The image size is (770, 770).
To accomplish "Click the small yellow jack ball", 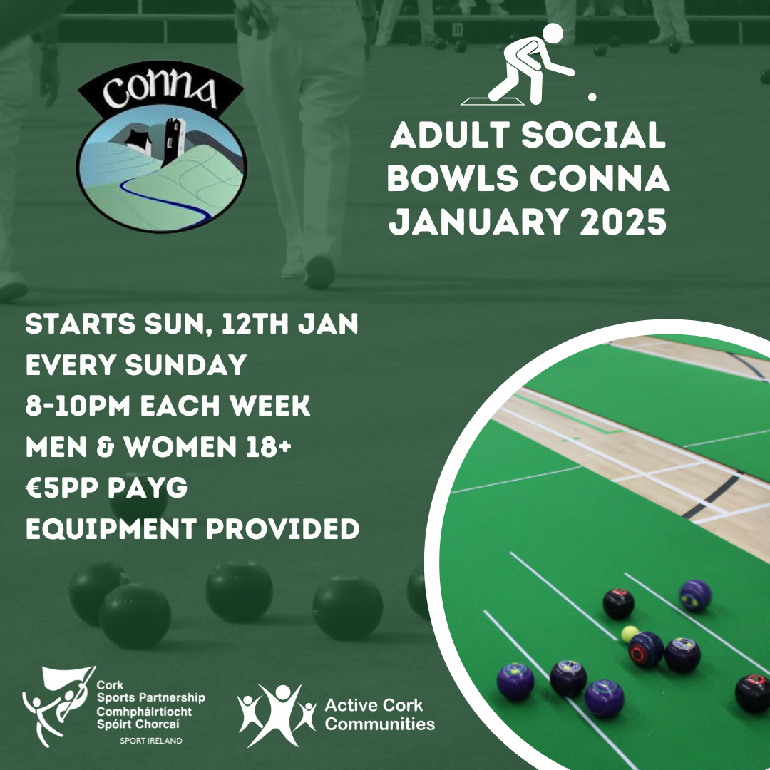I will point(630,633).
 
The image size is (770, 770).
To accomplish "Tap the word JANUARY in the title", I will point(470,222).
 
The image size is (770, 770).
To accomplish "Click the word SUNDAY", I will point(185,366).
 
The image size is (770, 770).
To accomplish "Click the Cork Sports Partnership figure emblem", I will point(57,702).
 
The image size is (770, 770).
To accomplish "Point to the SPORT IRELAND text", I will point(150,741).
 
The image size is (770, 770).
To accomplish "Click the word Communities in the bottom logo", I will point(379,724).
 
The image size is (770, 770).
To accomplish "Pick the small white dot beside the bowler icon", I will point(591,96).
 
